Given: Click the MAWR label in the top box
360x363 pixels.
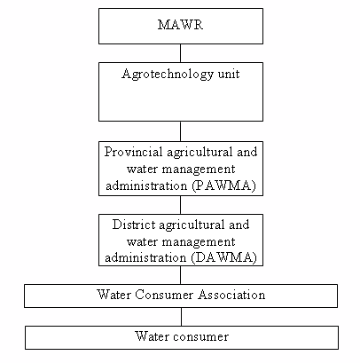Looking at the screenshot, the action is pos(180,25).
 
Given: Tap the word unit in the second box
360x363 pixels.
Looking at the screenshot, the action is pos(229,74).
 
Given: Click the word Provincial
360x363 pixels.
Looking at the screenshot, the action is pos(133,152).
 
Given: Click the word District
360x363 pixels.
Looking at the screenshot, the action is pos(134,225).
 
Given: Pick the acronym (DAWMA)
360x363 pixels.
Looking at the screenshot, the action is pos(224,257).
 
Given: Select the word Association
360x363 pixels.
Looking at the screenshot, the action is pos(231,295).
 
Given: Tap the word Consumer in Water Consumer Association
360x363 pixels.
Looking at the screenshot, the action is pos(164,295).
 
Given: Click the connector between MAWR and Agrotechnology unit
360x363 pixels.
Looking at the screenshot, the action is pos(180,53).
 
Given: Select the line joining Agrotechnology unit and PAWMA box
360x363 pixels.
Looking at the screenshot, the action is pos(180,131).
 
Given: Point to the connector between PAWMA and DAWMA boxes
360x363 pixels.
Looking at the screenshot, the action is pos(180,205).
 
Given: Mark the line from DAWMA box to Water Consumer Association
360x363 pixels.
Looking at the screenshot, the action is pos(180,275).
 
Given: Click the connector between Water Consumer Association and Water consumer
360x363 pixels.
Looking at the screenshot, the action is pos(181,317).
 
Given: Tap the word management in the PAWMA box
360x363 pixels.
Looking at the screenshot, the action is pos(199,170).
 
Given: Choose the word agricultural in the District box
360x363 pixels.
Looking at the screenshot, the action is pos(192,225).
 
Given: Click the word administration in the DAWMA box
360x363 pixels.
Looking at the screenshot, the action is pos(145,257).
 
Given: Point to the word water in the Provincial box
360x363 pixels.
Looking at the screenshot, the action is pos(143,170).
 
